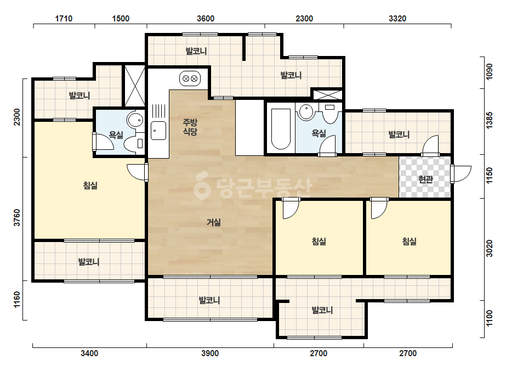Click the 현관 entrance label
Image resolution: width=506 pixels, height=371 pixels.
click(x=425, y=179)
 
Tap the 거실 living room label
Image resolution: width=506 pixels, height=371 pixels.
click(x=214, y=222)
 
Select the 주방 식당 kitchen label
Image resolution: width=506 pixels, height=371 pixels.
click(x=190, y=127)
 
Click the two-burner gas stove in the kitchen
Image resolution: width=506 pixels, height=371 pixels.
click(x=190, y=78)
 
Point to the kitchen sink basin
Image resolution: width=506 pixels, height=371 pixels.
click(x=158, y=131)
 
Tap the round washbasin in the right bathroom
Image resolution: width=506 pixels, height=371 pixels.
click(x=306, y=112)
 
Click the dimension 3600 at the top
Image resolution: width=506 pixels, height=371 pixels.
click(x=206, y=19)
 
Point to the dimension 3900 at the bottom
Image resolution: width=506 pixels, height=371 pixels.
click(x=210, y=353)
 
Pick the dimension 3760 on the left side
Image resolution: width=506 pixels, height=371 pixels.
click(x=17, y=217)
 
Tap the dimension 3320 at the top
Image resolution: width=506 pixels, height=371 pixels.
click(x=397, y=19)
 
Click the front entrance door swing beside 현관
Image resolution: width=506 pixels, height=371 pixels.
click(x=462, y=174)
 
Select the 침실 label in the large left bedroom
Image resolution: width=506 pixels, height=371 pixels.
click(x=90, y=185)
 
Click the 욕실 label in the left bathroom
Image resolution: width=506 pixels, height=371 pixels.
click(x=116, y=135)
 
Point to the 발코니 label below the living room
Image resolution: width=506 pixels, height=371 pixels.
click(x=209, y=300)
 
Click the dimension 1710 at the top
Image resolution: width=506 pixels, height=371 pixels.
click(x=64, y=19)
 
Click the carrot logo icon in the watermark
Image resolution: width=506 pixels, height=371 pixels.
click(x=202, y=185)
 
